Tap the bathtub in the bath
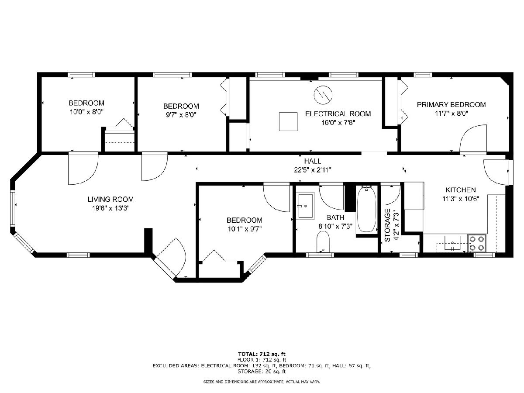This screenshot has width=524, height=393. [x=366, y=209]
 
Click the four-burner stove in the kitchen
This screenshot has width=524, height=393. [x=477, y=243]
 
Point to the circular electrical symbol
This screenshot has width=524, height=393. [x=323, y=95]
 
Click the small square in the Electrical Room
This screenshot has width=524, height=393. [x=288, y=121]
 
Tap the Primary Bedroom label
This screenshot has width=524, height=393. [x=451, y=104]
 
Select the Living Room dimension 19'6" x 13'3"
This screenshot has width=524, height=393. [x=110, y=208]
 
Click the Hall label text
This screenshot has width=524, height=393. [x=313, y=161]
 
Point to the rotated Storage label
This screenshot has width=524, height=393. [x=387, y=225]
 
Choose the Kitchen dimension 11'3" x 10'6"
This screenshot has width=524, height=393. [x=461, y=199]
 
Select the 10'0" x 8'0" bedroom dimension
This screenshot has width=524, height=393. [x=86, y=112]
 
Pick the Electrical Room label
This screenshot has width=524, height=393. [x=338, y=114]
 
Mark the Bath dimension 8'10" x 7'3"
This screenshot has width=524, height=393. [x=335, y=226]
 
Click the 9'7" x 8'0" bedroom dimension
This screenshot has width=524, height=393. [x=181, y=115]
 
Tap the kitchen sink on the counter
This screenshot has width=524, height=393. [x=452, y=243]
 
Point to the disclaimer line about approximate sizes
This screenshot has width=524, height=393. [x=262, y=382]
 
